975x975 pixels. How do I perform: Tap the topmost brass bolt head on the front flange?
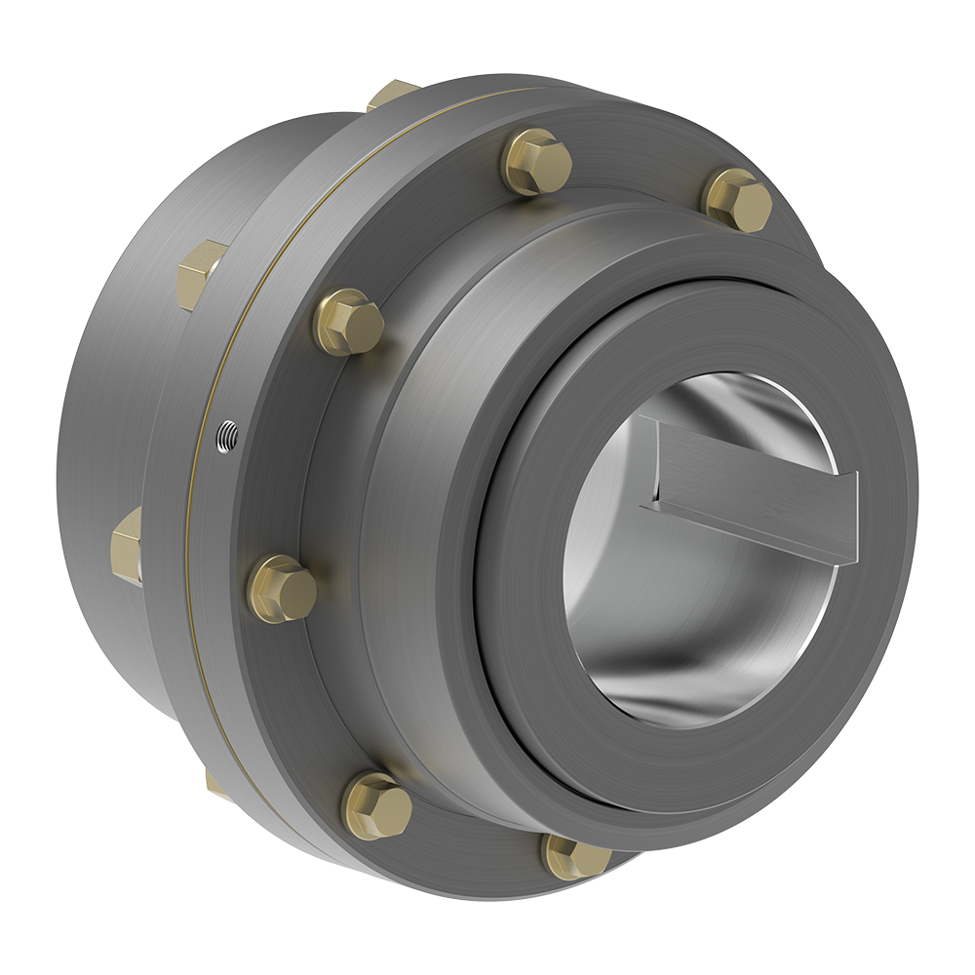pyautogui.click(x=536, y=161)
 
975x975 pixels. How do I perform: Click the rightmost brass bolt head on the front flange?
pyautogui.click(x=738, y=200)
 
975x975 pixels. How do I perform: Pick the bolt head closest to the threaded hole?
pyautogui.click(x=348, y=322)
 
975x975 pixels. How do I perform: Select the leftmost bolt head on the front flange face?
pyautogui.click(x=282, y=589)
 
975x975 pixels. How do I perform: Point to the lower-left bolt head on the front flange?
pyautogui.click(x=377, y=805)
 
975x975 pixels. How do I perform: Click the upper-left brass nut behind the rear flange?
pyautogui.click(x=201, y=274)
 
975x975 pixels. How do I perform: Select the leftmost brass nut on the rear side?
pyautogui.click(x=128, y=545)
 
